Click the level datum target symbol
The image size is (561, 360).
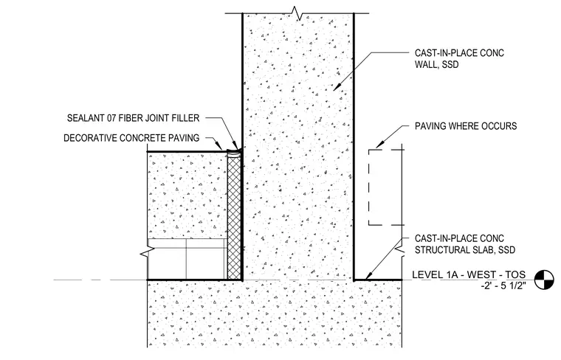(x=544, y=279)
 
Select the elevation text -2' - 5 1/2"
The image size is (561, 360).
(x=503, y=285)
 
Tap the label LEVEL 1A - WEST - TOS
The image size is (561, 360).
(x=469, y=274)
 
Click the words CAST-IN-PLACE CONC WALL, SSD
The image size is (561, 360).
(x=459, y=58)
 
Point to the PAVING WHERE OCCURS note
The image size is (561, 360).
(x=466, y=126)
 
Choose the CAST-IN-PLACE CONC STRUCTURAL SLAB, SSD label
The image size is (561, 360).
(x=465, y=244)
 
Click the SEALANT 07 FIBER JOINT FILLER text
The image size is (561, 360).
(x=133, y=118)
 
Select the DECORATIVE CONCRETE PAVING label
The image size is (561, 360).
(x=131, y=138)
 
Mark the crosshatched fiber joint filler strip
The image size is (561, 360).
(x=234, y=216)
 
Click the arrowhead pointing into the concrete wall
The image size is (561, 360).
(x=337, y=86)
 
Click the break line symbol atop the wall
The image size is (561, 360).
(x=297, y=13)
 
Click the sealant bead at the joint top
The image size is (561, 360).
(x=234, y=152)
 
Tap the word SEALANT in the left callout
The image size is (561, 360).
(x=86, y=118)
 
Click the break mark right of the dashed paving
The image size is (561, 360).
(x=402, y=250)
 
